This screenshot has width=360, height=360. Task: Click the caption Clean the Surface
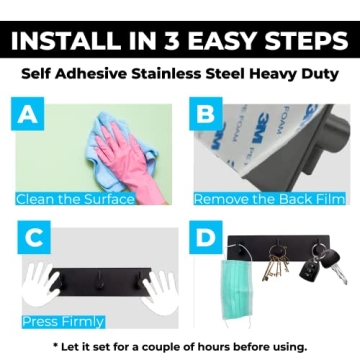click(x=76, y=198)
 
